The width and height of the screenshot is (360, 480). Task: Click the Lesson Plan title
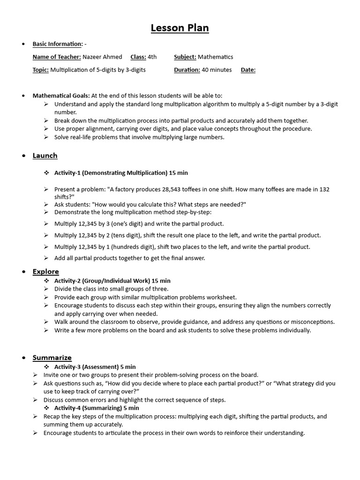180,28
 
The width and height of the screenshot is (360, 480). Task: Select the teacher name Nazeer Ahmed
102,57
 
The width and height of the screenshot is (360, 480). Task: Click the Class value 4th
152,57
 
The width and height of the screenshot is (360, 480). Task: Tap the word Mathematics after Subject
215,57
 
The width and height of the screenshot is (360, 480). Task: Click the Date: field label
248,70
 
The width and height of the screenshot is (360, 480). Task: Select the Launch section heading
45,156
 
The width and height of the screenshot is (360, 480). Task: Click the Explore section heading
45,271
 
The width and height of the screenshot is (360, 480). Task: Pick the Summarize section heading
52,358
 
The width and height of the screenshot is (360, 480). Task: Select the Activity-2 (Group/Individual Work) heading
112,280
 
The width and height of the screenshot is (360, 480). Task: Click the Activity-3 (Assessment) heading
95,367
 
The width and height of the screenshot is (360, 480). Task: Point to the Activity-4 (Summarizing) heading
97,408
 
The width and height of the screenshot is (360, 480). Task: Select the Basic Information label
57,44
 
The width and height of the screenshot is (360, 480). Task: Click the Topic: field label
40,70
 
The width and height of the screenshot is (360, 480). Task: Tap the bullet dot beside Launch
23,156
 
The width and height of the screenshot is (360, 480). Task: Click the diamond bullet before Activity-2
46,280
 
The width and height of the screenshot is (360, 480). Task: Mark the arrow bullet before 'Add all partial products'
46,258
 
